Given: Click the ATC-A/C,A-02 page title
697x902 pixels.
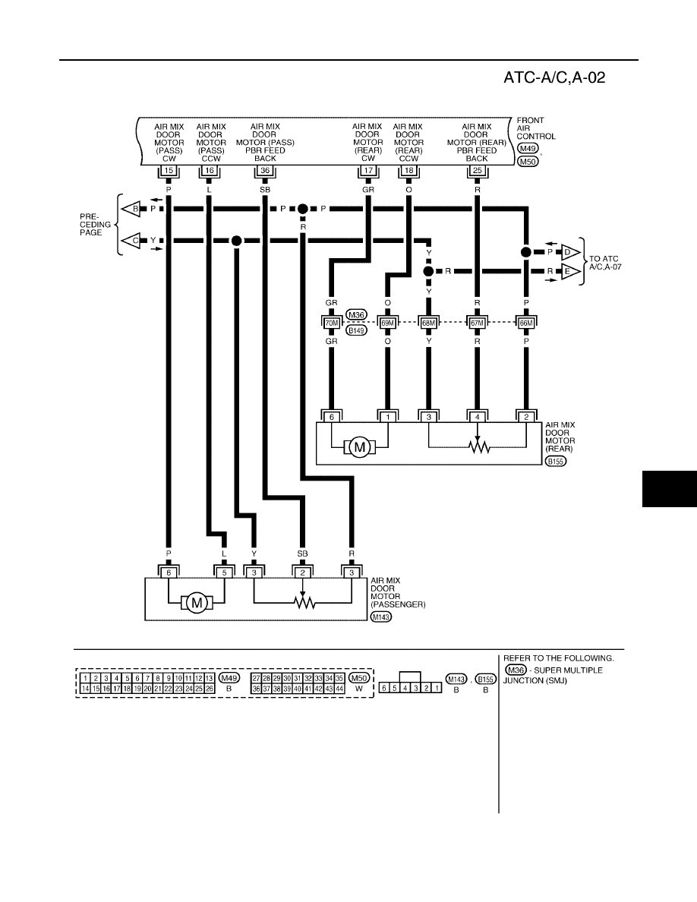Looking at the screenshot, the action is click(x=554, y=77).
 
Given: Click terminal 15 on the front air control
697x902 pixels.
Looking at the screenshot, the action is click(x=169, y=170).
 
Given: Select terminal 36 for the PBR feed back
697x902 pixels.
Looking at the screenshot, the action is click(x=265, y=170).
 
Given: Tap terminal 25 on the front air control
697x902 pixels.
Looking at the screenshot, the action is click(x=478, y=170).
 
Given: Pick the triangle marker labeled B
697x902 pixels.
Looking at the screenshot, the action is click(x=134, y=209).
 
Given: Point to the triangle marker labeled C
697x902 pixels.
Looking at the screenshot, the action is click(x=134, y=241).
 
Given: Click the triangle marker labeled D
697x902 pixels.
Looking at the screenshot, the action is click(x=569, y=252).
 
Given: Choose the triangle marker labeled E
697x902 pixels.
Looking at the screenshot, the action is click(x=569, y=271).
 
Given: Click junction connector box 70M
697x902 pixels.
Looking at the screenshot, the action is click(x=332, y=323).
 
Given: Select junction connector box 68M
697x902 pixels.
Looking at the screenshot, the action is click(x=428, y=323).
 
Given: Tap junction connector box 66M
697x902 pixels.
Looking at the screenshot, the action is click(x=526, y=323).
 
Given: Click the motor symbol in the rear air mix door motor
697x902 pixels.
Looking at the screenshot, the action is click(x=359, y=447).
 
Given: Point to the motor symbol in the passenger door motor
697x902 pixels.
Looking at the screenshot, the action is click(x=197, y=603).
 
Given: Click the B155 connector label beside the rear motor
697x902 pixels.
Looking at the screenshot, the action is click(x=556, y=461).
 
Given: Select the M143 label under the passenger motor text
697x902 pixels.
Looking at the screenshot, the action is click(x=380, y=617).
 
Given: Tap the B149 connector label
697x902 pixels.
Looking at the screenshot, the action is click(x=357, y=331).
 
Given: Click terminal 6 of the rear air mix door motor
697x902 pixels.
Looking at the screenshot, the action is click(x=332, y=417).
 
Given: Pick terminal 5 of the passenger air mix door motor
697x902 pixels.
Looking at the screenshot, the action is click(x=224, y=572).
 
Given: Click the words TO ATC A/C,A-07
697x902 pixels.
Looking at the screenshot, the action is click(x=605, y=263).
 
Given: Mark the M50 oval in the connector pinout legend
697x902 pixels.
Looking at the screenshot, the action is click(x=359, y=678).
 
